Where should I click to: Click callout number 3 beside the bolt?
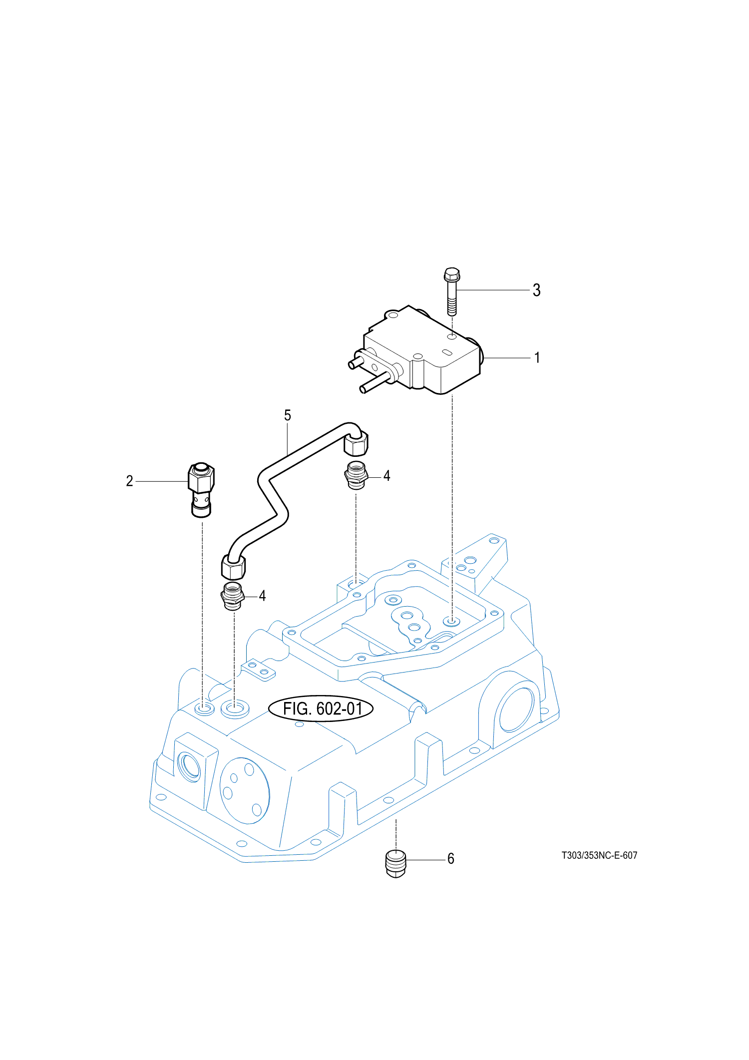pyautogui.click(x=536, y=290)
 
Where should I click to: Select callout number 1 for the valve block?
pyautogui.click(x=537, y=357)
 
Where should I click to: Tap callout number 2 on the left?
pyautogui.click(x=129, y=481)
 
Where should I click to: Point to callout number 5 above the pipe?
pyautogui.click(x=287, y=415)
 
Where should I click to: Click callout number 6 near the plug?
pyautogui.click(x=450, y=859)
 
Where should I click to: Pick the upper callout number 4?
pyautogui.click(x=386, y=476)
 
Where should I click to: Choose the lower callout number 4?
pyautogui.click(x=262, y=595)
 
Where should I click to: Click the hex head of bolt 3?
pyautogui.click(x=451, y=275)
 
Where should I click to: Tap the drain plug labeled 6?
pyautogui.click(x=396, y=863)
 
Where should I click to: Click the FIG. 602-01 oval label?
pyautogui.click(x=321, y=708)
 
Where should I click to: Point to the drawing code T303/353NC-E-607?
pyautogui.click(x=599, y=855)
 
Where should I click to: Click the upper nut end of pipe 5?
pyautogui.click(x=356, y=443)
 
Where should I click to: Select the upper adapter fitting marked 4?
pyautogui.click(x=357, y=476)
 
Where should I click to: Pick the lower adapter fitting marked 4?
pyautogui.click(x=232, y=596)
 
